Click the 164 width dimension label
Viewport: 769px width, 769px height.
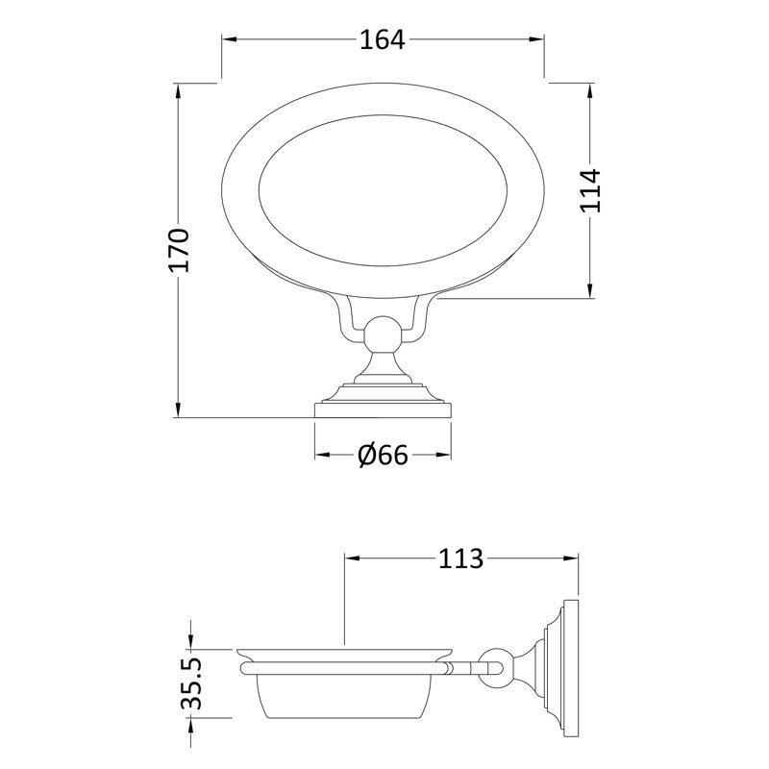coord(383,39)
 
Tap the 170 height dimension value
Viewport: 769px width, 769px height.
coord(179,249)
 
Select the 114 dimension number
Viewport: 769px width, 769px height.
coord(591,189)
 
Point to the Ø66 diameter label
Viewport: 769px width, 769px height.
coord(383,455)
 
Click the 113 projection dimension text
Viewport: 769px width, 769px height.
coord(460,558)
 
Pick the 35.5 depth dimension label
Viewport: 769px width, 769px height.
coord(191,683)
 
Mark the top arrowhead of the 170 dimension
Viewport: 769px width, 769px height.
coord(178,91)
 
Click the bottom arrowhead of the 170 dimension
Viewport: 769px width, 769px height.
coord(178,409)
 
